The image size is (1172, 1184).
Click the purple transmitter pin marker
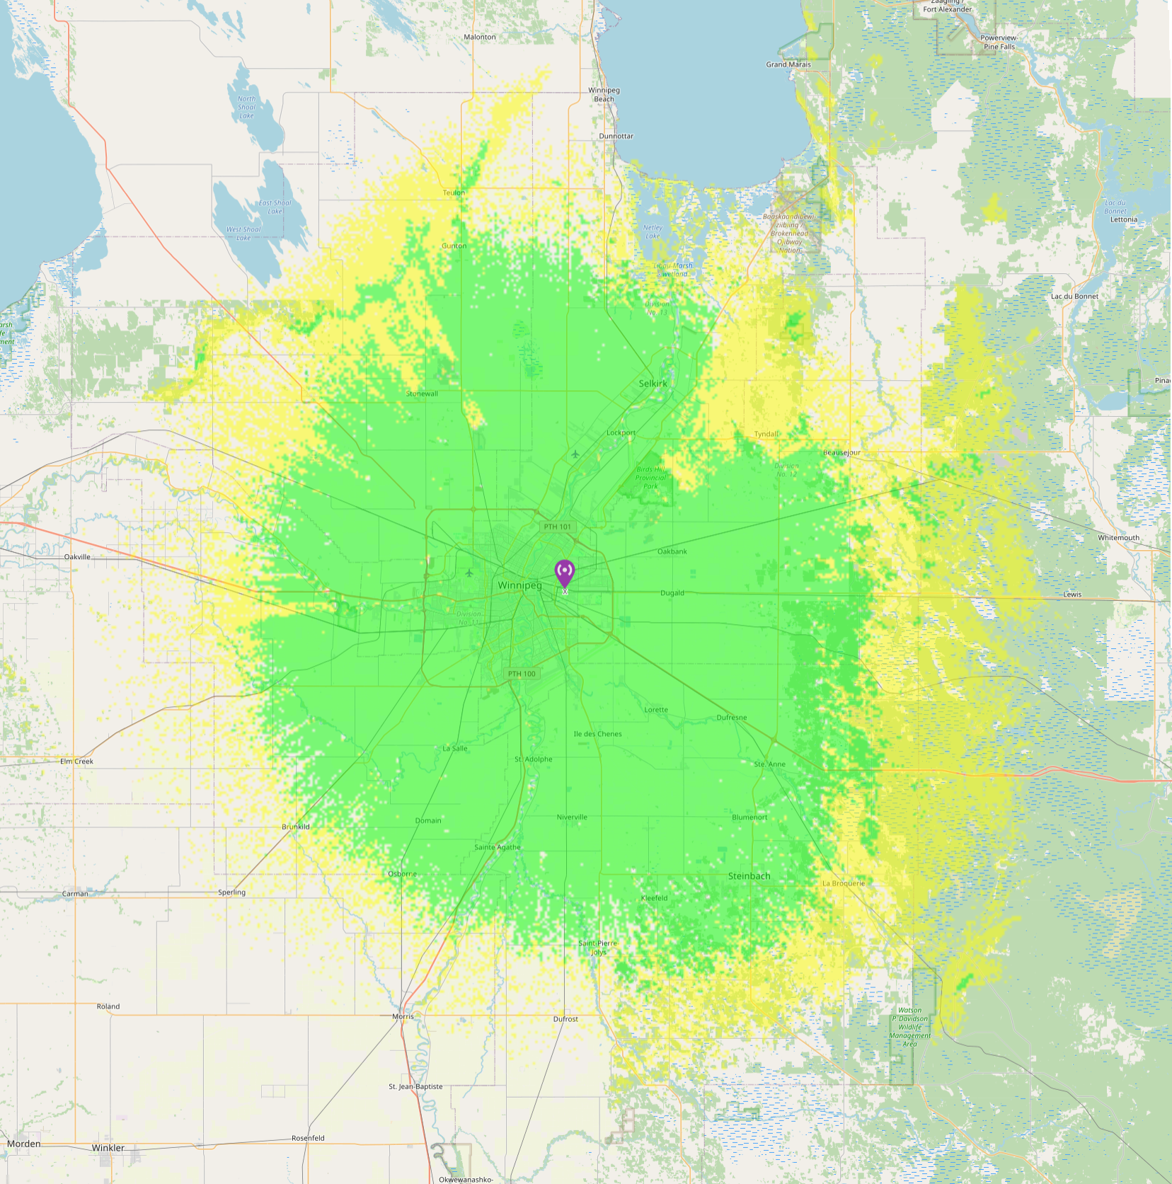pos(564,573)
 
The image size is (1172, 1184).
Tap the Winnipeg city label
pos(519,585)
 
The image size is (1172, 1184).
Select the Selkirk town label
pos(653,384)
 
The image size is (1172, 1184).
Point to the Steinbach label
pos(749,876)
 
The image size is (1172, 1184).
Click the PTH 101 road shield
pos(557,527)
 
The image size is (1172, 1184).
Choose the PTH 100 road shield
pos(522,674)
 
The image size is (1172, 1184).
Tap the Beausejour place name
pos(841,452)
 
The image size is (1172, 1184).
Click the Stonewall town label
pos(422,393)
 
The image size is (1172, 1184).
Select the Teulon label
pos(454,192)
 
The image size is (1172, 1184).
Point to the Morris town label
pos(403,1016)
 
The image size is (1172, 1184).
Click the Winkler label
pos(108,1148)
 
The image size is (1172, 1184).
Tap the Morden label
pos(24,1144)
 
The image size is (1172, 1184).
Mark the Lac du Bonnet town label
pos(1074,297)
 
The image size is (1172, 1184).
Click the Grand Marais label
pos(788,64)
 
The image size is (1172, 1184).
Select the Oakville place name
pos(77,557)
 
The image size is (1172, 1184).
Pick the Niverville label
pos(572,817)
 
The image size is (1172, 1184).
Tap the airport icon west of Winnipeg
pos(469,573)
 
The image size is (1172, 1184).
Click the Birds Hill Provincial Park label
pos(650,478)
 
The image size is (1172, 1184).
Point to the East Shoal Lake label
pos(275,207)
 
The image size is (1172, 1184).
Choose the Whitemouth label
pos(1118,538)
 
